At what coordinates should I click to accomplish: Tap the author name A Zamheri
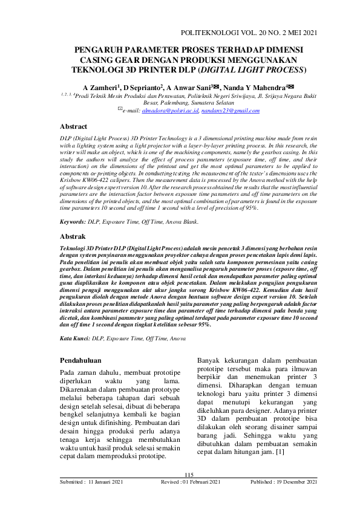point(100,87)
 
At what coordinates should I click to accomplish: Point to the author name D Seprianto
point(143,87)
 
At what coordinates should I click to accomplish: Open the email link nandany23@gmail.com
point(232,111)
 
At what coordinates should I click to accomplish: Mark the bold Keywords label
point(73,222)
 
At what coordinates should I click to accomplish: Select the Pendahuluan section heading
point(84,361)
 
